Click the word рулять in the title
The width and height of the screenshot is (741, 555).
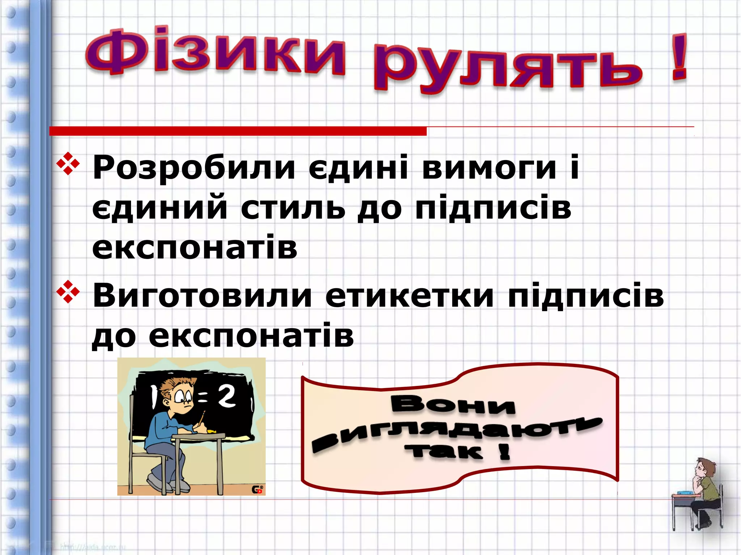pos(507,67)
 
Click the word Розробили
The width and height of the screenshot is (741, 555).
pos(194,168)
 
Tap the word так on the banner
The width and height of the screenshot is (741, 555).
pos(444,452)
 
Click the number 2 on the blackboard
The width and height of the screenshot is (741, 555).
pos(227,397)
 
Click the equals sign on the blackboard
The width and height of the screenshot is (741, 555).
pos(203,399)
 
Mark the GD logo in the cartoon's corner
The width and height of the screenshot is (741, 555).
pos(257,490)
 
